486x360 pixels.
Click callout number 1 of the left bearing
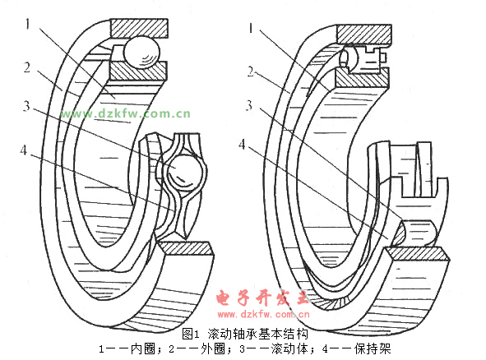point(28,24)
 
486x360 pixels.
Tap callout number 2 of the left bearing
point(27,67)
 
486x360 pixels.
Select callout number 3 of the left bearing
point(26,106)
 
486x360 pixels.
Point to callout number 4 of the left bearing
point(24,150)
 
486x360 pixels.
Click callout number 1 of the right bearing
point(251,29)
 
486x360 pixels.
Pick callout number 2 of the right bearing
point(251,72)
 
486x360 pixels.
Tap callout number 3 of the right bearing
point(249,105)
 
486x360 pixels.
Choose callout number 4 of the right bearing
point(242,144)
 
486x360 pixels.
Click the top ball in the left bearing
point(141,52)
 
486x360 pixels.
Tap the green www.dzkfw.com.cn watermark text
point(126,113)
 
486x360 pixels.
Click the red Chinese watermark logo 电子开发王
point(262,298)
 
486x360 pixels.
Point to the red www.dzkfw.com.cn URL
point(263,315)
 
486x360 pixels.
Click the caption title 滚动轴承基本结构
point(258,334)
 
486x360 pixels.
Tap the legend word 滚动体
point(290,348)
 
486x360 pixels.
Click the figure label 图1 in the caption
point(190,334)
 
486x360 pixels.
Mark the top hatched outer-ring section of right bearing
point(363,35)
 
